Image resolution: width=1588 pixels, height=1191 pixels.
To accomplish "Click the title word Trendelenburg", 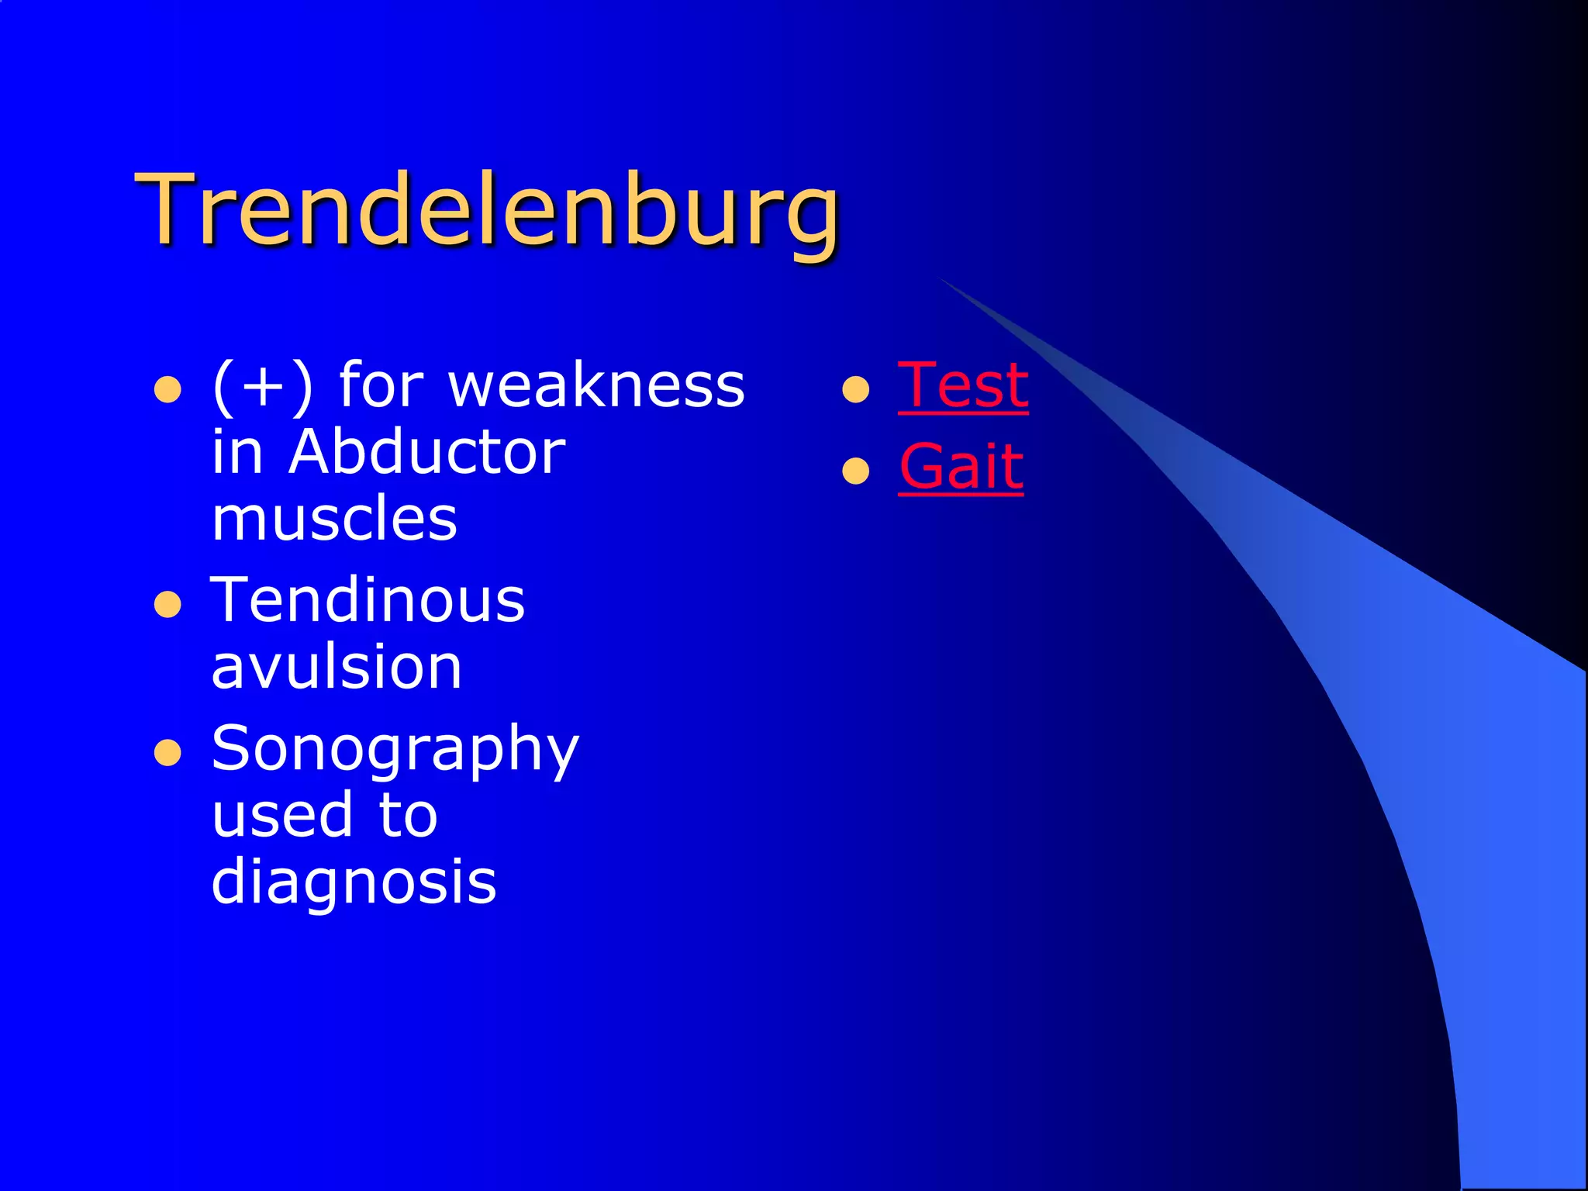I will point(488,211).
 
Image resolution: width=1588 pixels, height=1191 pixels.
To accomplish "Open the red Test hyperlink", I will point(963,385).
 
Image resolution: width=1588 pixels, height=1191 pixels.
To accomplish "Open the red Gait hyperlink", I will point(961,467).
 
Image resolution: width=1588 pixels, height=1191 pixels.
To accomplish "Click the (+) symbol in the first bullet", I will point(263,385).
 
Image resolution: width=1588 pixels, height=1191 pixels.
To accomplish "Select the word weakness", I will point(597,385).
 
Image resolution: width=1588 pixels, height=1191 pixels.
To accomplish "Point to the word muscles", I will point(334,519).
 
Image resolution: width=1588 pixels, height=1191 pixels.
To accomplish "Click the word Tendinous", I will point(368,600).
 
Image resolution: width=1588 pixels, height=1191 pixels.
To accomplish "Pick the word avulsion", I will point(337,667).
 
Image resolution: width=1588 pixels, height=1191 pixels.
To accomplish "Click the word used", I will point(282,816).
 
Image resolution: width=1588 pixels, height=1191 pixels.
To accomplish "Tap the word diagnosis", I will point(354,882).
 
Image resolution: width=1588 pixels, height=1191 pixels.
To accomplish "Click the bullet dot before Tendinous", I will point(167,605).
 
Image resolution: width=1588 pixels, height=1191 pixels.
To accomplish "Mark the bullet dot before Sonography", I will point(167,753).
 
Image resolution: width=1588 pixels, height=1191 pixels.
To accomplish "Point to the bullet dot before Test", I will point(855,390).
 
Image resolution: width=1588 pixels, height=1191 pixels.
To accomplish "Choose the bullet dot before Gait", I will point(855,471).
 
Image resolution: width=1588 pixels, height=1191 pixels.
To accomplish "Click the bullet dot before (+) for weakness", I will point(167,390).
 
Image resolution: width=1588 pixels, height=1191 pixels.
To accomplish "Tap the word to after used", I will point(409,816).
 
